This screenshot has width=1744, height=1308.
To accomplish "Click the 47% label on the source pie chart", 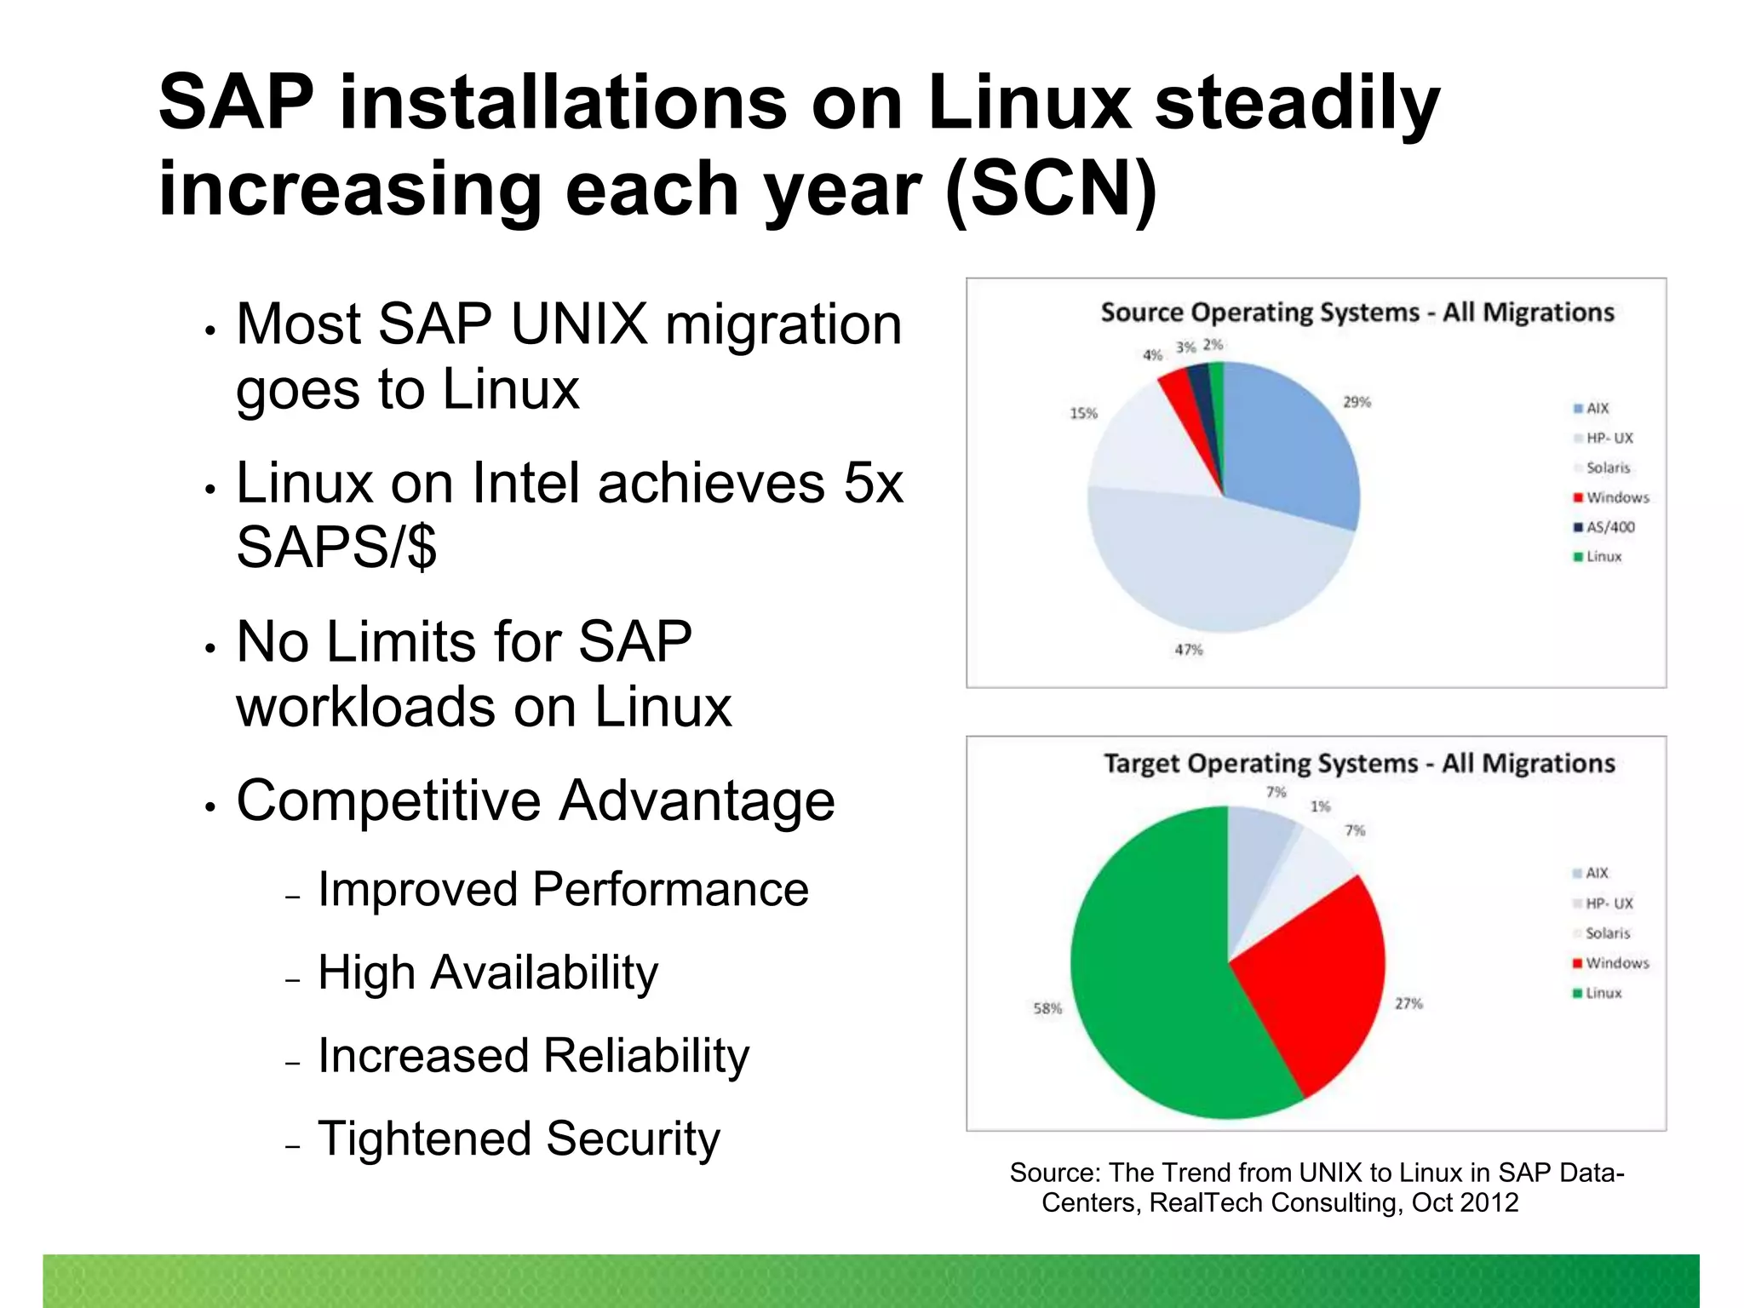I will [x=1189, y=650].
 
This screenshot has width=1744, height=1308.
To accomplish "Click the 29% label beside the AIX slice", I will [x=1357, y=402].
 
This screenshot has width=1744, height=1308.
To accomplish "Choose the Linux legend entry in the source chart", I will [x=1603, y=557].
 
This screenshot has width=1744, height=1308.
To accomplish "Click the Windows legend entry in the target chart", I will [x=1615, y=963].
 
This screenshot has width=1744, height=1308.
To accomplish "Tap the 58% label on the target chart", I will [x=1047, y=1008].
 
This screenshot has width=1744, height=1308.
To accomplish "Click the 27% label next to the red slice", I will [x=1408, y=1004].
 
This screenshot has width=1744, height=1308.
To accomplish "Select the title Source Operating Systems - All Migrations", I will [x=1357, y=313].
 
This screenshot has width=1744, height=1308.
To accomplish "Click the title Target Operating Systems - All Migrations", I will [x=1359, y=763].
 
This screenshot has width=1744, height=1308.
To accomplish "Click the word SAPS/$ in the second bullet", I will [x=336, y=547].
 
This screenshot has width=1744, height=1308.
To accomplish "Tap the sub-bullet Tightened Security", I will [x=519, y=1139].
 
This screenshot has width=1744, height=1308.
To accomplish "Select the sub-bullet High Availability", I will [x=487, y=972].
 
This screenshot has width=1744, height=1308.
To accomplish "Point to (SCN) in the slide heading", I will [x=1052, y=189].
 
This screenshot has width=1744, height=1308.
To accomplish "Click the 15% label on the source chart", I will [x=1083, y=414].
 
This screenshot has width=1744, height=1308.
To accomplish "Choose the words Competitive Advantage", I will [x=536, y=800].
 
